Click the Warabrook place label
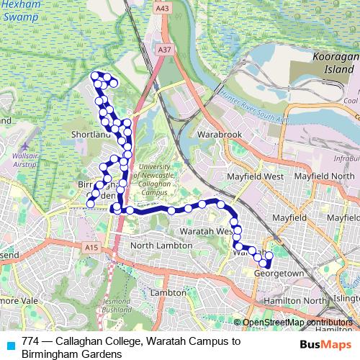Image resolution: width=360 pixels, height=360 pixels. [219, 134]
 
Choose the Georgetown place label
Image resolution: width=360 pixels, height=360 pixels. [277, 274]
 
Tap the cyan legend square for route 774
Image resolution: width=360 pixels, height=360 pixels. [9, 344]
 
